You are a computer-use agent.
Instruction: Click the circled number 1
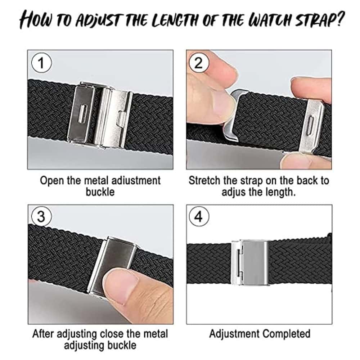tap(41, 63)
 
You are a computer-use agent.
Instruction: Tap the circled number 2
tap(199, 63)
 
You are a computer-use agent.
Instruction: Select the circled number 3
tap(41, 216)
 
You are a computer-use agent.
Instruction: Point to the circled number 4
tap(199, 216)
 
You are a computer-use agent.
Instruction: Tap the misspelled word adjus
tap(233, 192)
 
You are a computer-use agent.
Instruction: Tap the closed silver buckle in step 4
tap(250, 262)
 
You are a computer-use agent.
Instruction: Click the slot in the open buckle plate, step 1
tap(82, 114)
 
